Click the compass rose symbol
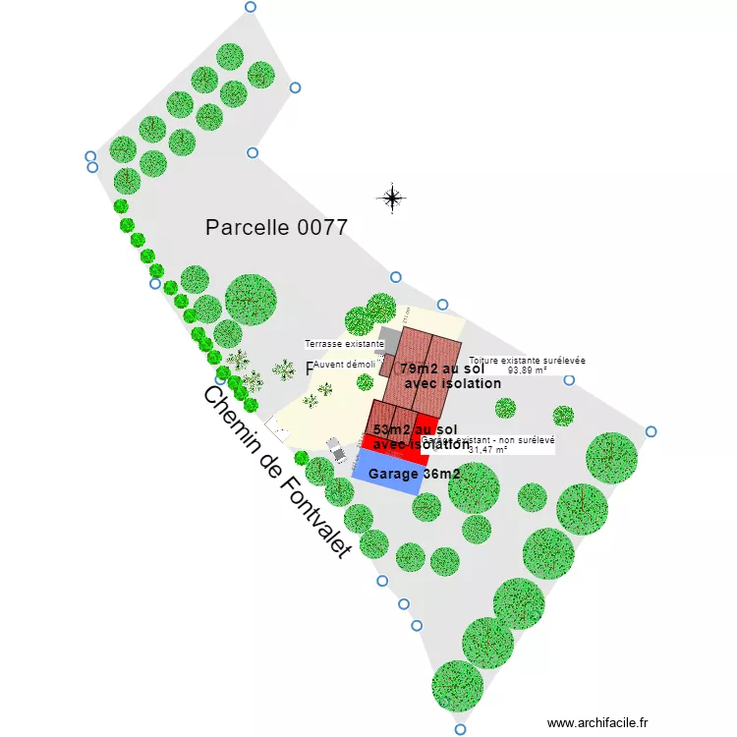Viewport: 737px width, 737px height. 392,198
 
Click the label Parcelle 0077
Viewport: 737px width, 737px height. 276,228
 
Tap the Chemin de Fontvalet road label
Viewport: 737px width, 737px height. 276,472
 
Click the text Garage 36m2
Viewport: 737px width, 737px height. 414,474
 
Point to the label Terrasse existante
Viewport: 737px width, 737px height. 343,345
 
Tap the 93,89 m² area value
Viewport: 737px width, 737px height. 528,370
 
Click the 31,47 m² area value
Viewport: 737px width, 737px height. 488,450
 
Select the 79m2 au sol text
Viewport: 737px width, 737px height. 442,368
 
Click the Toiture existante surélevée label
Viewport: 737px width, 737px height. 527,361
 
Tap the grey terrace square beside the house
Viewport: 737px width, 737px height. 389,341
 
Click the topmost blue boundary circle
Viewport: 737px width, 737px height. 250,7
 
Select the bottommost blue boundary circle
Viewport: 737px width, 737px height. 460,729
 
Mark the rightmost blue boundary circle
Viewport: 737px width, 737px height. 651,431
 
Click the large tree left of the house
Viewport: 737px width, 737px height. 251,300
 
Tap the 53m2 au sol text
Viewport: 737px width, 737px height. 415,429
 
